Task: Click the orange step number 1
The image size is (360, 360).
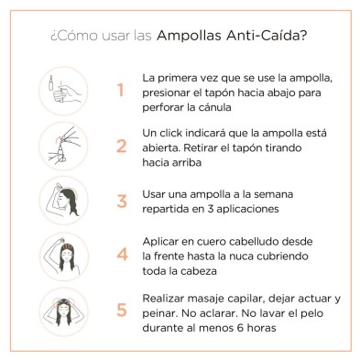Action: coord(119,91)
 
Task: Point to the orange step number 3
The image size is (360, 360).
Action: coord(119,202)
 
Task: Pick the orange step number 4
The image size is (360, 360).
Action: coord(119,256)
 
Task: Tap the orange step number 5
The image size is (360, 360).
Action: coord(119,311)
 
